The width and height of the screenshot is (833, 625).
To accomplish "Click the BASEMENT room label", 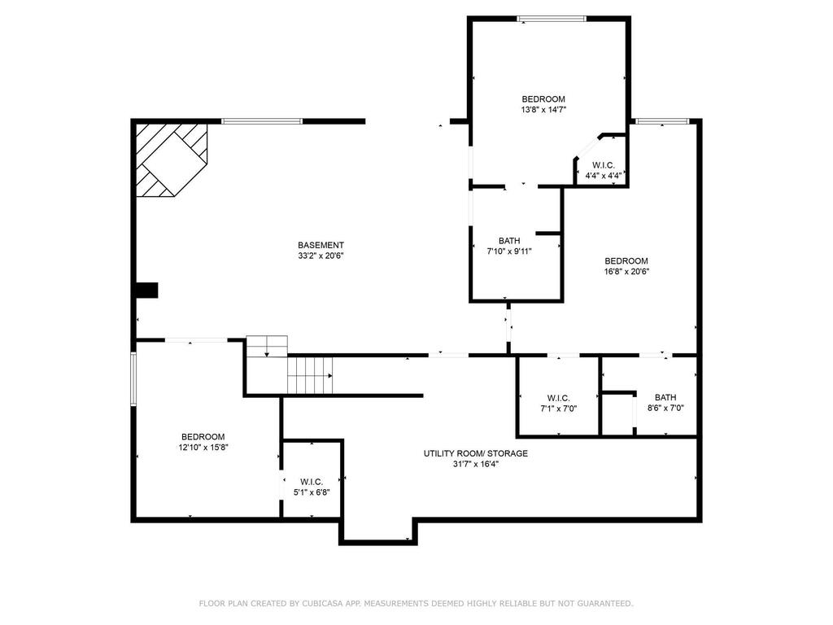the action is [321, 245].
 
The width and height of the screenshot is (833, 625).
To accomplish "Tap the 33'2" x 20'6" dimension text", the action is [321, 256].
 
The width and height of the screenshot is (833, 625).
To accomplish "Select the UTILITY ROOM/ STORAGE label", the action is [475, 453].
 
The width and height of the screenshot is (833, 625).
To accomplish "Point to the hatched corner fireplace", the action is [171, 160].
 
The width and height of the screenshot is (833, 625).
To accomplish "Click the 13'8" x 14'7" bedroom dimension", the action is [543, 110].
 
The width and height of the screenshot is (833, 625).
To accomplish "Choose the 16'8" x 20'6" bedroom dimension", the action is [626, 272].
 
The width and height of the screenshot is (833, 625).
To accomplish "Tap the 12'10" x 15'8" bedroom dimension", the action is [203, 448].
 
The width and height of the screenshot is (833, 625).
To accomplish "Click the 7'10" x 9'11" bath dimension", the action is [509, 251].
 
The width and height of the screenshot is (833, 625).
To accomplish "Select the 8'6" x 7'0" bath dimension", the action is [665, 409].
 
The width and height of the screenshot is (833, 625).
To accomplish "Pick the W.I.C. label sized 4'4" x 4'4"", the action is [604, 165].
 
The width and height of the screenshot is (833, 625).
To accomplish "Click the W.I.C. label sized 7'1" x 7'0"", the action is [558, 398].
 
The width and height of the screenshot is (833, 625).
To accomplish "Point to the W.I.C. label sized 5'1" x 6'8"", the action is [312, 482].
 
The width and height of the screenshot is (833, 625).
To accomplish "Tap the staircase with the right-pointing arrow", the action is [310, 376].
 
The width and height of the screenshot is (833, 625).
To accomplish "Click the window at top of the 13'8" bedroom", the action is [552, 19].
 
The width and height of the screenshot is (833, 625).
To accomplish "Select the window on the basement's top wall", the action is [262, 121].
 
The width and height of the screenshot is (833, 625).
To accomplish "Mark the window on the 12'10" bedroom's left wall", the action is [133, 379].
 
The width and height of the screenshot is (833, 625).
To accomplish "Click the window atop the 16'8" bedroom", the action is [663, 121].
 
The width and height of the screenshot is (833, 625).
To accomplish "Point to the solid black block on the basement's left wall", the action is [147, 291].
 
